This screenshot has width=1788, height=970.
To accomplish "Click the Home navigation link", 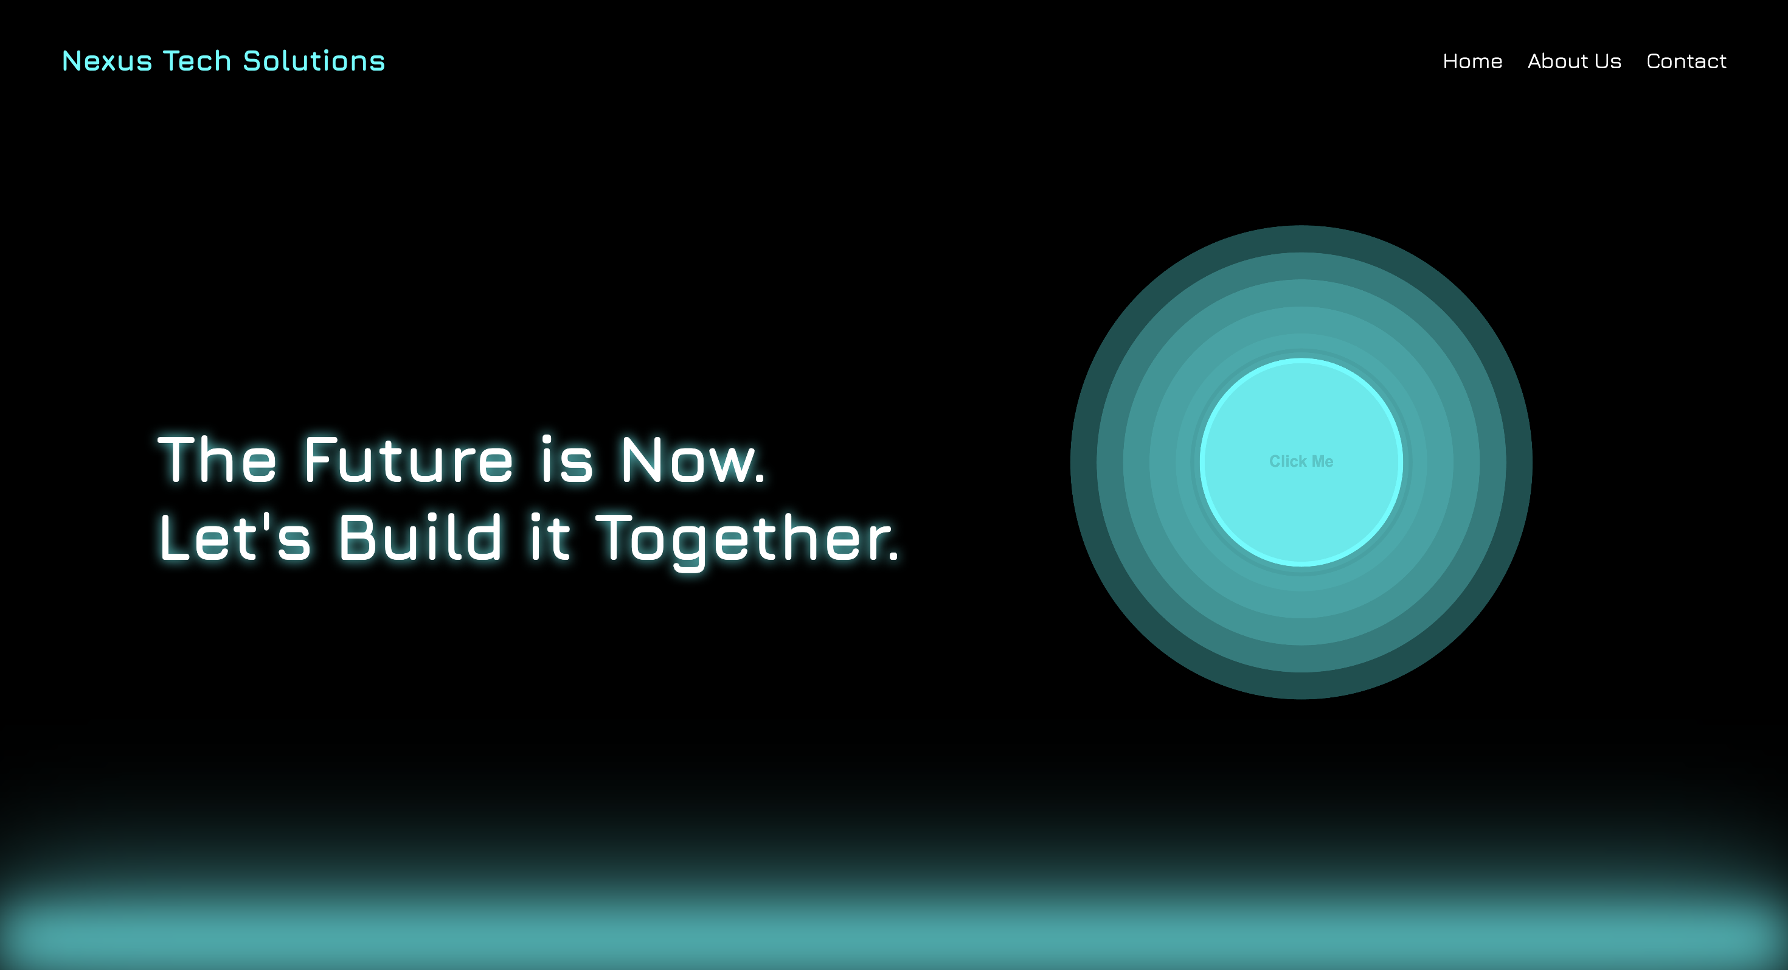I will [x=1472, y=61].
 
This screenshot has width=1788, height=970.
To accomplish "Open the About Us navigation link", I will [x=1573, y=61].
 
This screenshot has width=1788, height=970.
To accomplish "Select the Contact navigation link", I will [x=1686, y=61].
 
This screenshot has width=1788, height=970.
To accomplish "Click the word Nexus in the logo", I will [x=107, y=61].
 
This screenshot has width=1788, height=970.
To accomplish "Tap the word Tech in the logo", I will [x=196, y=61].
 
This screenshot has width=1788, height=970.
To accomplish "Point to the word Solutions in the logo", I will [x=314, y=61].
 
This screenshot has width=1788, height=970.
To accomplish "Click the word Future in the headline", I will [x=408, y=459].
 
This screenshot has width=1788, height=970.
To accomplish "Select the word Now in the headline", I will [x=687, y=459].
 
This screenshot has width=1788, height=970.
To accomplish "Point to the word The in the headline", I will [x=217, y=459].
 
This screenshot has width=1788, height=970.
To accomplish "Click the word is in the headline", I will [x=566, y=459].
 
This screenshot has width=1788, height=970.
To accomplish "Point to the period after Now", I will [x=760, y=478].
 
